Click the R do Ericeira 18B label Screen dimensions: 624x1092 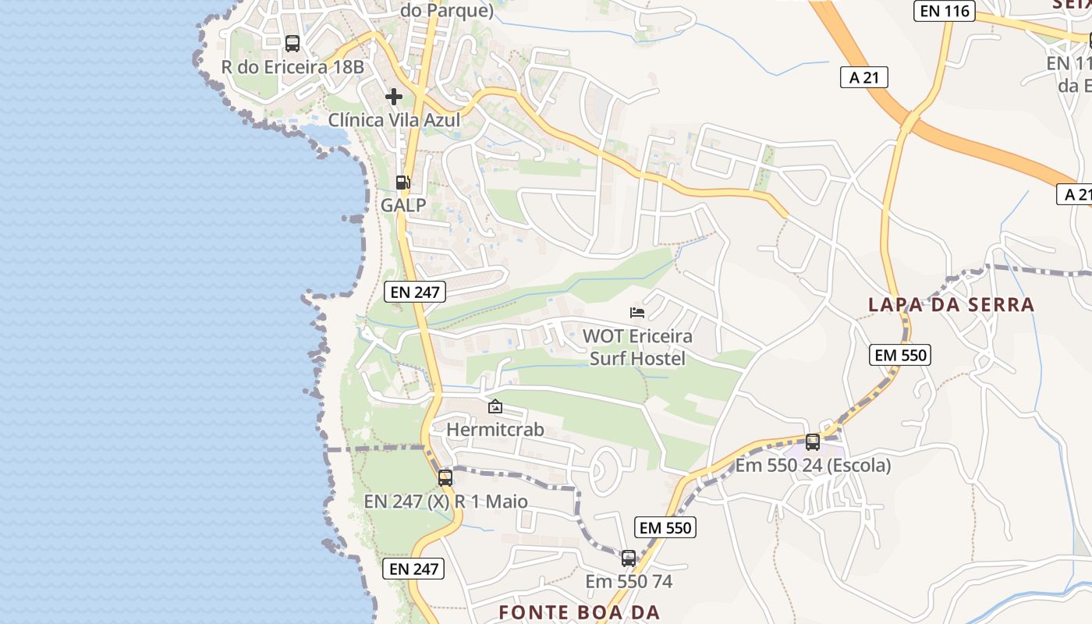point(292,67)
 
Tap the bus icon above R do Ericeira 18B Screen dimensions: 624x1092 point(292,44)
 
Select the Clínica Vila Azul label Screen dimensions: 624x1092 point(394,120)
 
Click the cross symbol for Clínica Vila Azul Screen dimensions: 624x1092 point(394,97)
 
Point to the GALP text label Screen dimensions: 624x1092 point(403,205)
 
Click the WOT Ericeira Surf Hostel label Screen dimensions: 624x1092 point(637,347)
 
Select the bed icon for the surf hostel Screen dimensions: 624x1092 point(637,313)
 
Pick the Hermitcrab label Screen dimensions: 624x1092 point(495,430)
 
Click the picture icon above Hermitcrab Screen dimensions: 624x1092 point(495,406)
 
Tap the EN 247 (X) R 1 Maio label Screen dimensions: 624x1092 point(445,502)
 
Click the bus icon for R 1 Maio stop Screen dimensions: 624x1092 point(445,478)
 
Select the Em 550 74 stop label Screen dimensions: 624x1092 point(629,582)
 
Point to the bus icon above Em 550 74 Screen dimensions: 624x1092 point(629,558)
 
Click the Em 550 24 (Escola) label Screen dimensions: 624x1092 point(813,466)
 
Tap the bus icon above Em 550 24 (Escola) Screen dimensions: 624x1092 point(813,442)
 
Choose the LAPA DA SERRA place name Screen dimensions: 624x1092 point(952,305)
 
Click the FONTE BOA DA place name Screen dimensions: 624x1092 point(580,612)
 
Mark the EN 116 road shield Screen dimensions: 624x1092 point(944,11)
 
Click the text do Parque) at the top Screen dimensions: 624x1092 point(447,11)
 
